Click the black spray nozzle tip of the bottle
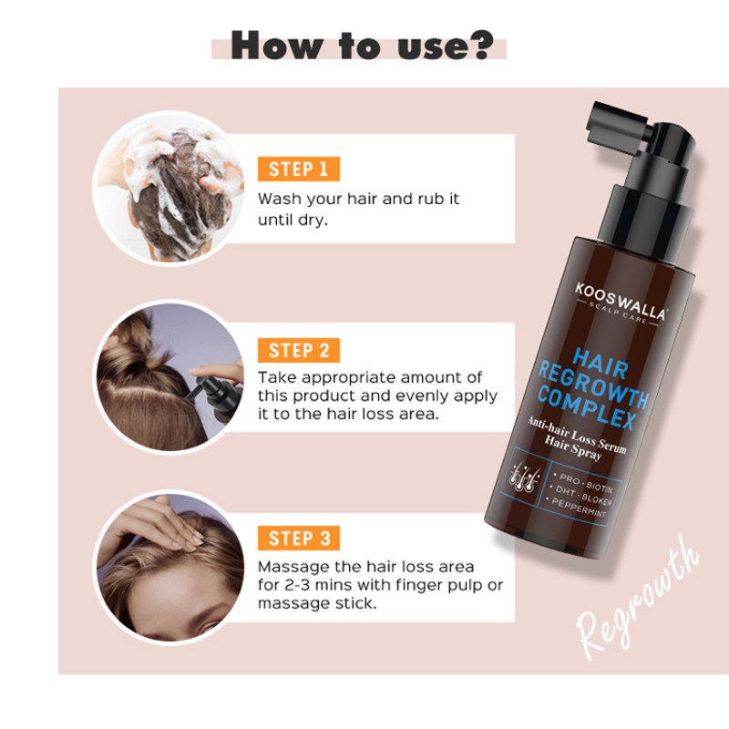(x=601, y=118)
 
